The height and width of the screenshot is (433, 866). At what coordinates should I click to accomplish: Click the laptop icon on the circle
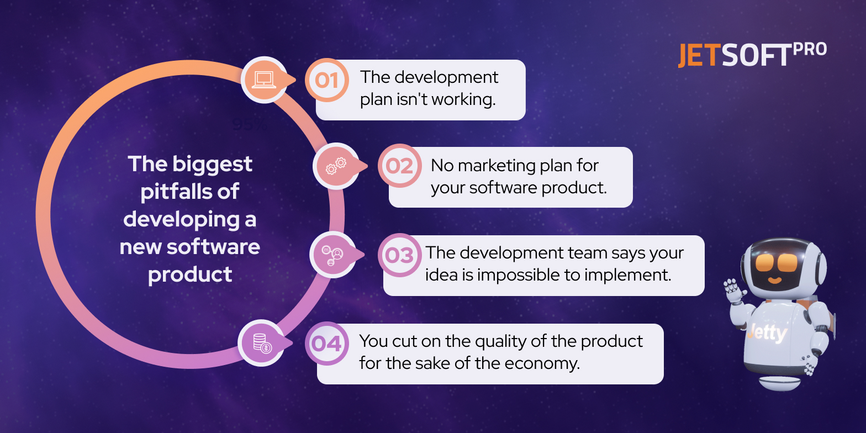pyautogui.click(x=264, y=80)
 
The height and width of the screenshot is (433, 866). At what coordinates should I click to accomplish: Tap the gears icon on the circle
pyautogui.click(x=336, y=166)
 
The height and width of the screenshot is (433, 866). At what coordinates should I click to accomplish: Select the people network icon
pyautogui.click(x=332, y=255)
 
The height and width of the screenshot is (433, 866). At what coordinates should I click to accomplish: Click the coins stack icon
pyautogui.click(x=262, y=343)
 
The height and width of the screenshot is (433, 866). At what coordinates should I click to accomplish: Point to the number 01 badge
pyautogui.click(x=327, y=80)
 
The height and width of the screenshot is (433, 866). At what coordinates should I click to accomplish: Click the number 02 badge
pyautogui.click(x=399, y=166)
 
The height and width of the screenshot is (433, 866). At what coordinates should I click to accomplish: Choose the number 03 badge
pyautogui.click(x=399, y=255)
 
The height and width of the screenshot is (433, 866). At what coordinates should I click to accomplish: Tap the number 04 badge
pyautogui.click(x=327, y=344)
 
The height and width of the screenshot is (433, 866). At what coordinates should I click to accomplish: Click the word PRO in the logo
pyautogui.click(x=810, y=50)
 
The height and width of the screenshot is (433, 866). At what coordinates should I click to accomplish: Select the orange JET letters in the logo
pyautogui.click(x=698, y=55)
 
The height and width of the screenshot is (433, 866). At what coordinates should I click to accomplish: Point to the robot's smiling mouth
pyautogui.click(x=775, y=279)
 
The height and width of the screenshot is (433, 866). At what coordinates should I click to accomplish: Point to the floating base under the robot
pyautogui.click(x=779, y=382)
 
